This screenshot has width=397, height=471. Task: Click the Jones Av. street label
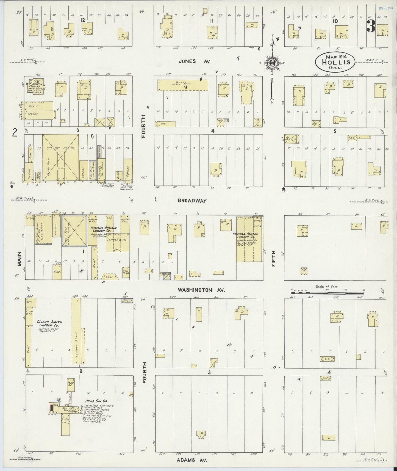[x=195, y=61]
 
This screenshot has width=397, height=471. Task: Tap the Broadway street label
[x=192, y=201]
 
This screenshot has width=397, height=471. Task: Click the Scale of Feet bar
[x=327, y=293]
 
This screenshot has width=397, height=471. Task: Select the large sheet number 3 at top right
[x=371, y=26]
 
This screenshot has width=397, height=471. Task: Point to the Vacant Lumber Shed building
[x=183, y=85]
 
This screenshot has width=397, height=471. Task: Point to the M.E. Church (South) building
[x=35, y=88]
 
